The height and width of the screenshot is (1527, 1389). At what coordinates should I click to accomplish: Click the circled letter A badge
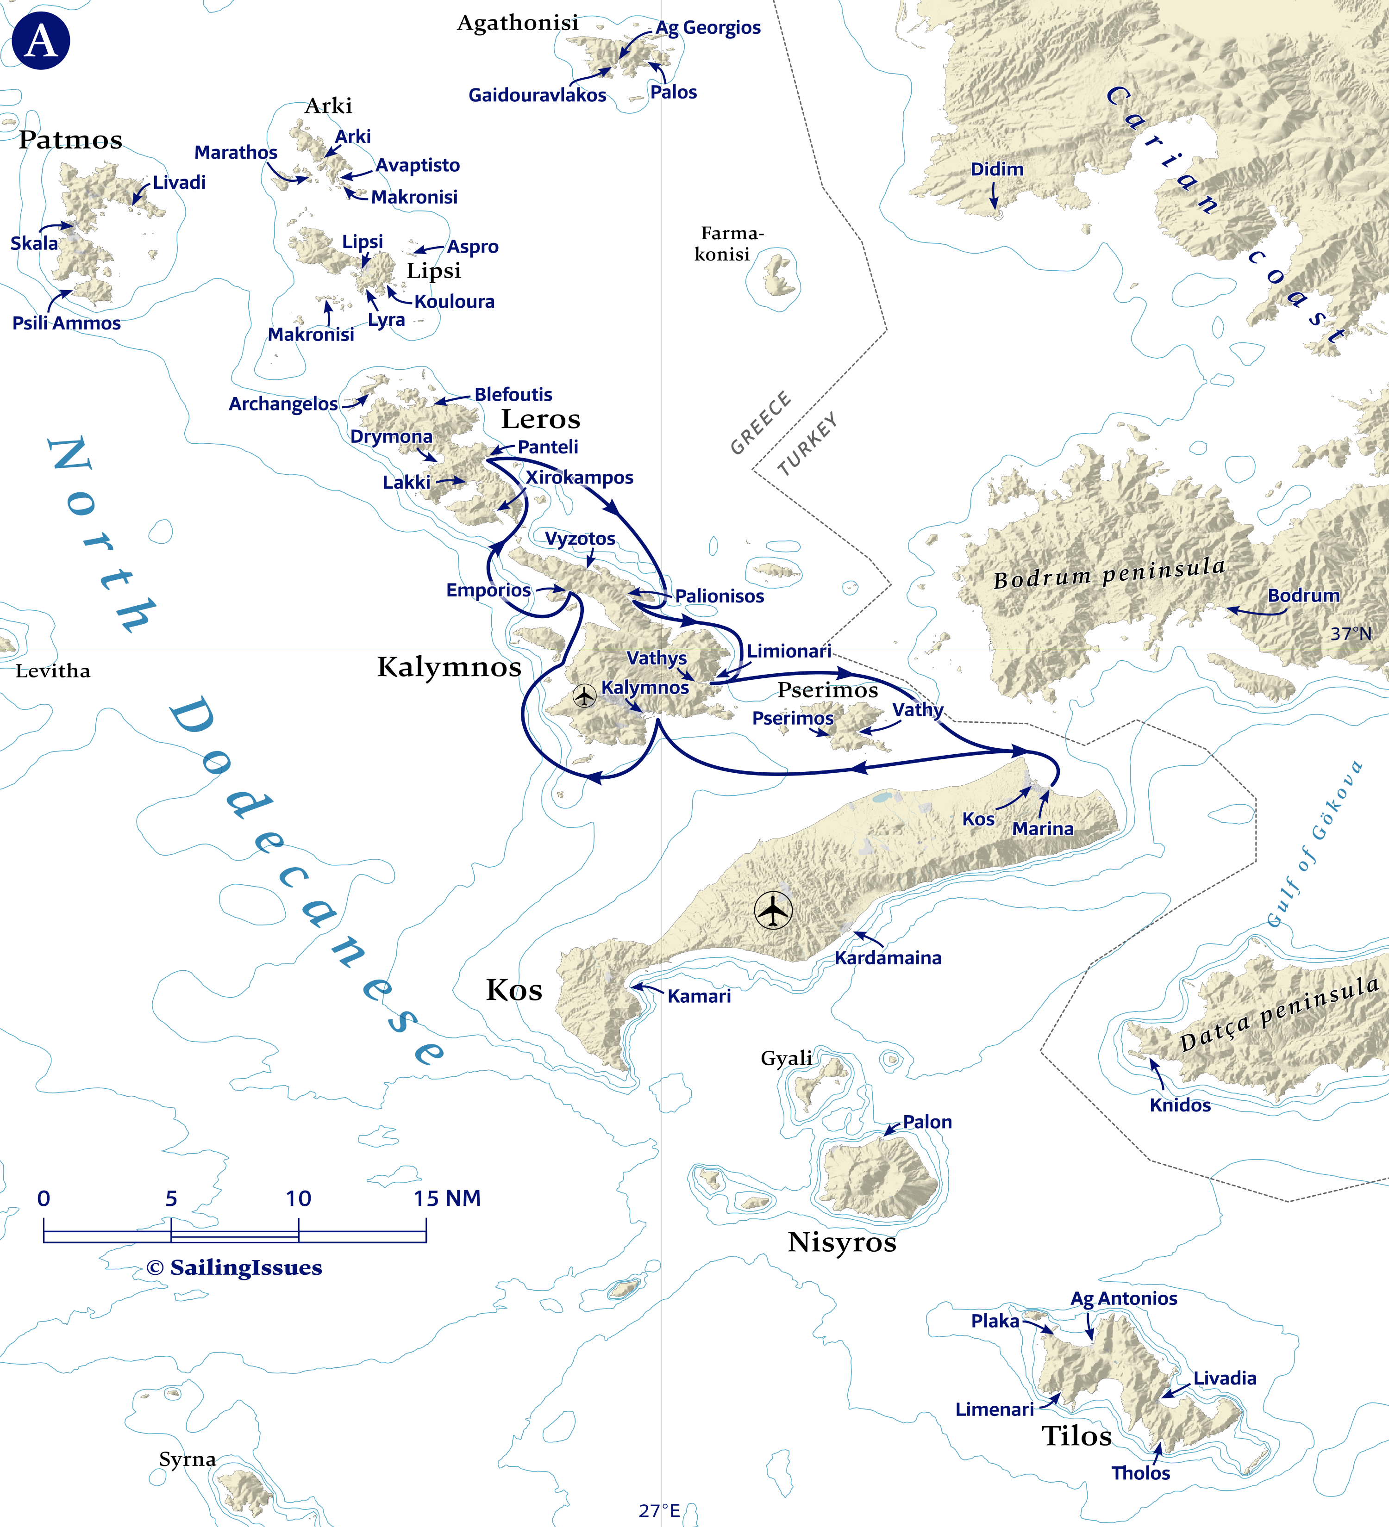[41, 41]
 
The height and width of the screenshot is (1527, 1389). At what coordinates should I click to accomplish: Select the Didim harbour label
[996, 169]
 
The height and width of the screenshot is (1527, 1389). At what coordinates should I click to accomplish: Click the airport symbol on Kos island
[773, 911]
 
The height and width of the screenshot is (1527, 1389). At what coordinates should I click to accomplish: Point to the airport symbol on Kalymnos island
[584, 695]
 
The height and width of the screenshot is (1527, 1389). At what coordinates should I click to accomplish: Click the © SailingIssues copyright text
[234, 1268]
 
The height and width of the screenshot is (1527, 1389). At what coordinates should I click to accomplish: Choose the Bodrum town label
[1303, 596]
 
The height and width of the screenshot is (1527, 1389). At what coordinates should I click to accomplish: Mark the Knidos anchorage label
[1180, 1105]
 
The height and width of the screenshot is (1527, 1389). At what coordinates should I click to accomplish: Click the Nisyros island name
[841, 1242]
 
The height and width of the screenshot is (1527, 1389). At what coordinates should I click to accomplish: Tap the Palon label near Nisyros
[927, 1122]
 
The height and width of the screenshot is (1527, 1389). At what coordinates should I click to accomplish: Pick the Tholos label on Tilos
[1140, 1473]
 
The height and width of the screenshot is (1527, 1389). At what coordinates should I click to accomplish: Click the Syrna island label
[187, 1459]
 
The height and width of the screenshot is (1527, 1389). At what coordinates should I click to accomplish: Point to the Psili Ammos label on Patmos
[67, 323]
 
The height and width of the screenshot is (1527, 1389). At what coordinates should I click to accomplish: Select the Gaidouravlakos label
[537, 95]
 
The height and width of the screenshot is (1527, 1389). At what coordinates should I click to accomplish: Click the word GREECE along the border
[760, 422]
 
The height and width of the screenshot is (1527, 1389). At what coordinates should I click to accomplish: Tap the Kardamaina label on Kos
[888, 958]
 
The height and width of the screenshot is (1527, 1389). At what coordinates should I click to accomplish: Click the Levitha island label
[53, 671]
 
